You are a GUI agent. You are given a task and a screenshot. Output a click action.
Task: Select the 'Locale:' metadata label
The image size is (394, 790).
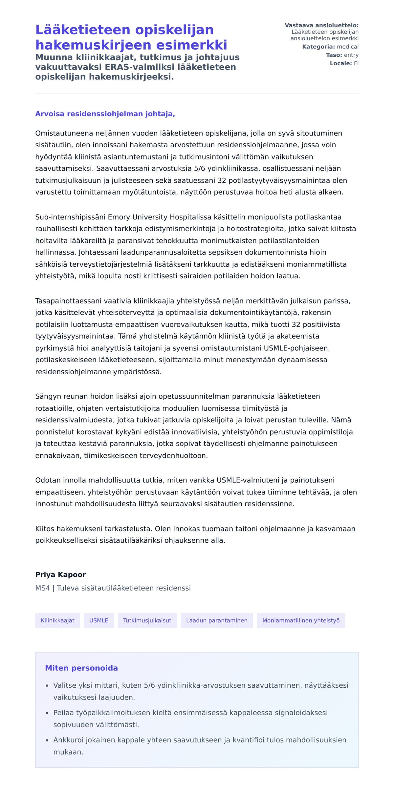coord(341,63)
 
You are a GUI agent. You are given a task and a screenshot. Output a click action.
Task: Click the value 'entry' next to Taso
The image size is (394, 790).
coord(351,55)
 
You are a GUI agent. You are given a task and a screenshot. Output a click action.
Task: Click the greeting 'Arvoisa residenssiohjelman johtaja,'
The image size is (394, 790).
coord(105,114)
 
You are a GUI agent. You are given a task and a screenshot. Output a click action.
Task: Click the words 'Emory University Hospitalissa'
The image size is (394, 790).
coord(160,217)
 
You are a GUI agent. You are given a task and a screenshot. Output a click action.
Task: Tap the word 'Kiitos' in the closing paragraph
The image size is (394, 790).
coord(45,529)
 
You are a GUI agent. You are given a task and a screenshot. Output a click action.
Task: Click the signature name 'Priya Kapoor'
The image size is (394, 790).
coord(60,575)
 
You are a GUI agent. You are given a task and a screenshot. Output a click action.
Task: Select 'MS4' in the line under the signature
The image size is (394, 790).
coord(42,588)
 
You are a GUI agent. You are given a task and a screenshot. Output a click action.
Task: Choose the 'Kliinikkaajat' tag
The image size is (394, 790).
coord(57,621)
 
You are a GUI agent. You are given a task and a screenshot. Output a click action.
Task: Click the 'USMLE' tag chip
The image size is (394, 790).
coord(99,621)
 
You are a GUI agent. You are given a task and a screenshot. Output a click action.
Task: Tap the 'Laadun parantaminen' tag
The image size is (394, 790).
coord(217,621)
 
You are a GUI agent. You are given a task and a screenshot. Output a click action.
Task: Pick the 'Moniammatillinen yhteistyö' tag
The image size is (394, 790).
coord(301,621)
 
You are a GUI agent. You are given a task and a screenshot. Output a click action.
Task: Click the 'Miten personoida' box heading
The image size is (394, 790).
coord(81,668)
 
